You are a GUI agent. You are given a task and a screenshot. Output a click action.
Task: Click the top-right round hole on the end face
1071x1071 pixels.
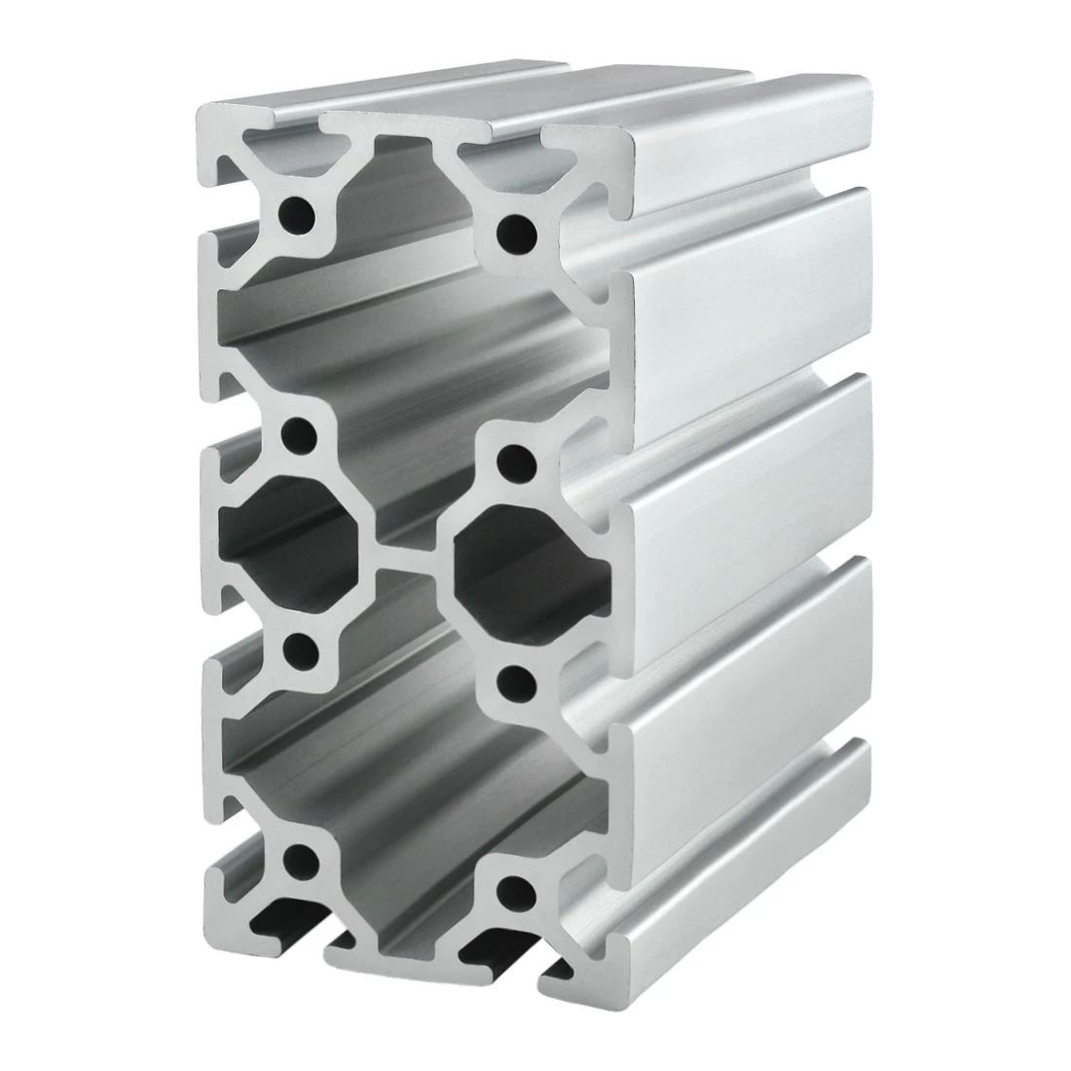point(515,233)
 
